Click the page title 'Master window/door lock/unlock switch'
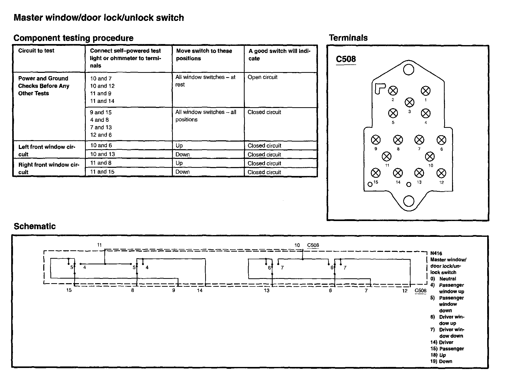[99, 18]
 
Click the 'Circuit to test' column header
[36, 50]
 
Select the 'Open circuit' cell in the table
[262, 77]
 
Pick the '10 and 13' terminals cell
[102, 154]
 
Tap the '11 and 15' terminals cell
[102, 172]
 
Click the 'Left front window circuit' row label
[47, 150]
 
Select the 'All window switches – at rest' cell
[205, 81]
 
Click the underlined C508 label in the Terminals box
[346, 59]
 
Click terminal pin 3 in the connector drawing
[409, 102]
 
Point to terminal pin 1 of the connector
[426, 91]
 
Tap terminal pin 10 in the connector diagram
[430, 157]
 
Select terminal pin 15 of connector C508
[376, 173]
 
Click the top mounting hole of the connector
[409, 70]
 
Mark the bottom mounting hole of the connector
[409, 201]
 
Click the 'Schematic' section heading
[35, 226]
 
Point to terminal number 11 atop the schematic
[99, 245]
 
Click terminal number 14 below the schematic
[200, 290]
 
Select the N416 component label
[436, 253]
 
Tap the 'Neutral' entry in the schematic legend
[447, 279]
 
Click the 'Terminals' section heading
[348, 38]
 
